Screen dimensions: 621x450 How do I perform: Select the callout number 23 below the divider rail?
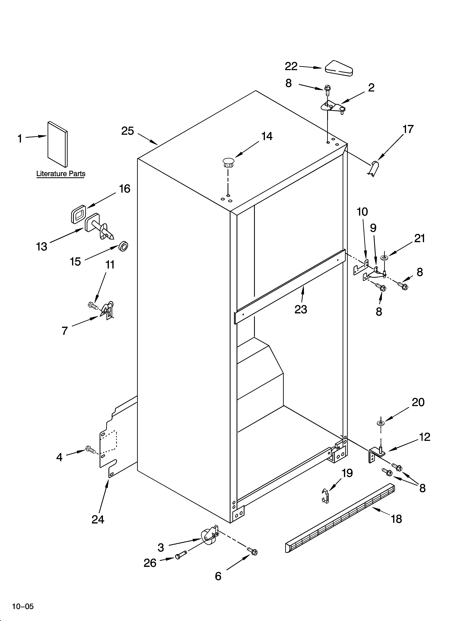pyautogui.click(x=301, y=309)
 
